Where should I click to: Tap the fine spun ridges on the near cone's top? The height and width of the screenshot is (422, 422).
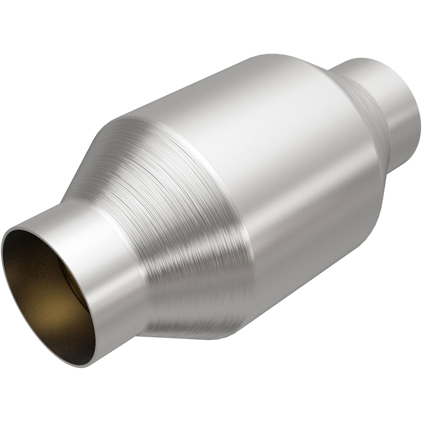pos(139,139)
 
